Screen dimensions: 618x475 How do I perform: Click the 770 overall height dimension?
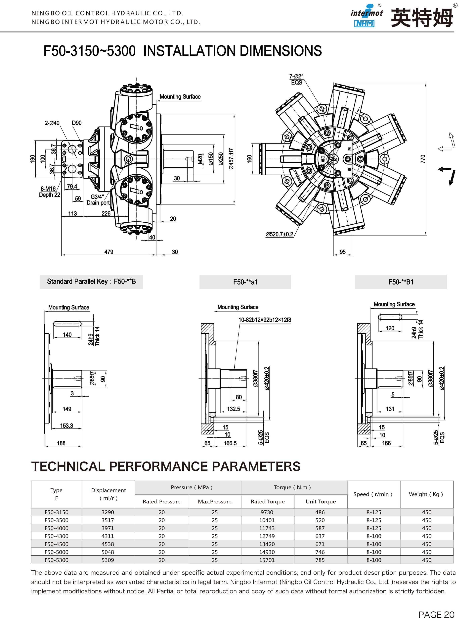pyautogui.click(x=423, y=159)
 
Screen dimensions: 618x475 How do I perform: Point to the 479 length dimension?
pyautogui.click(x=109, y=252)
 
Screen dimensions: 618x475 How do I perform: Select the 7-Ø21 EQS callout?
pyautogui.click(x=296, y=80)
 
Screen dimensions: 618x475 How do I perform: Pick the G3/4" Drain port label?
pyautogui.click(x=98, y=200)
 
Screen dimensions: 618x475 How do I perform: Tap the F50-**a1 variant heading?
pyautogui.click(x=245, y=282)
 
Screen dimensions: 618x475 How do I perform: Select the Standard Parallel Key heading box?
pyautogui.click(x=91, y=282)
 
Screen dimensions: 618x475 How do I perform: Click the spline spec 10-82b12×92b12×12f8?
pyautogui.click(x=265, y=320)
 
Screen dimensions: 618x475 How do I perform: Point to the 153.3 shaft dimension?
pyautogui.click(x=66, y=425)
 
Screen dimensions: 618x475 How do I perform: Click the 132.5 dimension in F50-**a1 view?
pyautogui.click(x=234, y=409)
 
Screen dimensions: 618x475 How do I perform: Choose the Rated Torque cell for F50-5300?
pyautogui.click(x=267, y=560)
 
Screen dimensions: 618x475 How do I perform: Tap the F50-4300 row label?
pyautogui.click(x=56, y=536)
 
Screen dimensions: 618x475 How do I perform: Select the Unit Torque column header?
pyautogui.click(x=321, y=501)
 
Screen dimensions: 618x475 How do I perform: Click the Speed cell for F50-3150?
pyautogui.click(x=374, y=512)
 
